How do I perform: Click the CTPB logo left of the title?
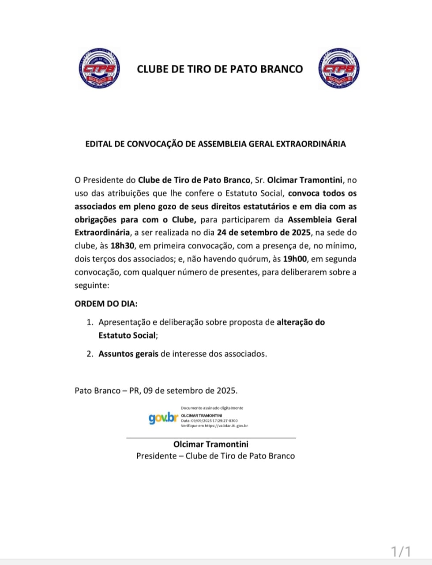99,69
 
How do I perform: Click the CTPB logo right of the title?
338,69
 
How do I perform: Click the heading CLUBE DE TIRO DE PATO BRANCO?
220,69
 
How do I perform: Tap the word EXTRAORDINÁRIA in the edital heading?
311,144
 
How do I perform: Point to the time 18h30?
122,246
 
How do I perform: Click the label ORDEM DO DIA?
106,304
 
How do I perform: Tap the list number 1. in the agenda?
90,322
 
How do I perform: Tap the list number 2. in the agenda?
90,354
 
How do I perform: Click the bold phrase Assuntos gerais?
128,354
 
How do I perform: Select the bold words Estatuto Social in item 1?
127,335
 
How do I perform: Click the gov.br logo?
163,418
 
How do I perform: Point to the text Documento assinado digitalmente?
212,408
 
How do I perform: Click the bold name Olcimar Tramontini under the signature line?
211,444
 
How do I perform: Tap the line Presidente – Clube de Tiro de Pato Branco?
215,456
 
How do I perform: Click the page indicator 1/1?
401,551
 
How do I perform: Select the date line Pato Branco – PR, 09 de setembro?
156,391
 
